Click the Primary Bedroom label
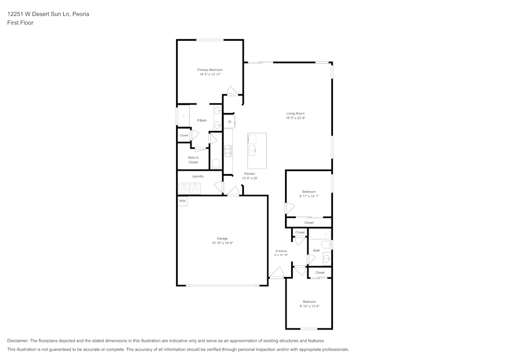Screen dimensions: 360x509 210,70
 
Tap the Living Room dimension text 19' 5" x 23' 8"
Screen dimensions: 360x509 295,118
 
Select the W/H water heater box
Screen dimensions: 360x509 182,201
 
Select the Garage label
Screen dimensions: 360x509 222,238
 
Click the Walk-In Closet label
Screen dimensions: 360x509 193,160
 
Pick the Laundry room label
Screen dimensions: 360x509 198,176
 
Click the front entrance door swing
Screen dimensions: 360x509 276,273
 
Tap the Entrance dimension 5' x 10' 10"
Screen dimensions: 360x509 281,255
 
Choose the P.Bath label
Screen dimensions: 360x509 202,120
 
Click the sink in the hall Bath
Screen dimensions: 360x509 326,259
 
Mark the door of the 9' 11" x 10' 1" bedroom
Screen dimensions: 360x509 289,208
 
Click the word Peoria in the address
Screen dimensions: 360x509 80,14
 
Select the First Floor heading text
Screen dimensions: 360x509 20,23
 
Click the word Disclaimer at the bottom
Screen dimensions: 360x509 18,341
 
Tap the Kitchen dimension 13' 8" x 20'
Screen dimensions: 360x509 249,178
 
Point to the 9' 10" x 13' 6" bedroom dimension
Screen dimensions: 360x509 309,306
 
